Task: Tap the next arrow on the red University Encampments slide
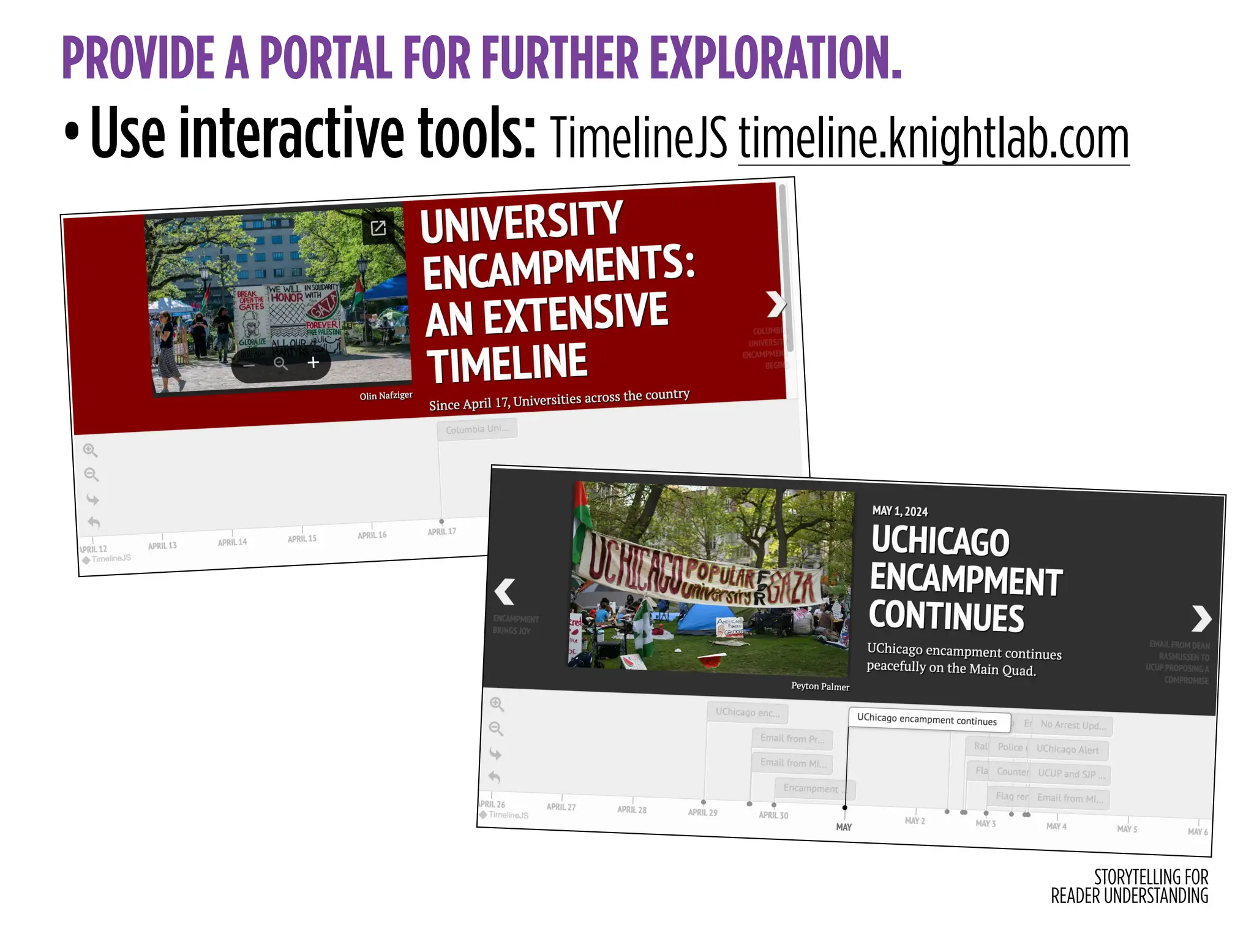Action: pos(776,304)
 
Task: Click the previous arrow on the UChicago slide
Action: pos(505,592)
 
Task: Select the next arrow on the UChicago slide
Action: pos(1201,618)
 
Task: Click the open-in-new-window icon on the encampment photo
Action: pos(378,228)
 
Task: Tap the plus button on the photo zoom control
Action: pos(313,363)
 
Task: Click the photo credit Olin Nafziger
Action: pos(386,396)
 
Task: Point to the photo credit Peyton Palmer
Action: pos(820,686)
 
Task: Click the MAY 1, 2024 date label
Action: pos(899,511)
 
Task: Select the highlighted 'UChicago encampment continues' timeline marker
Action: pos(926,720)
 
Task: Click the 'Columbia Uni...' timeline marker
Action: pos(477,429)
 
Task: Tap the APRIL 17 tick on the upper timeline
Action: pos(441,531)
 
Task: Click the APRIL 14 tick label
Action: pos(232,542)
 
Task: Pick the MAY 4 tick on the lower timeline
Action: pos(1056,826)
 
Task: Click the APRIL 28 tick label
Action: pos(631,809)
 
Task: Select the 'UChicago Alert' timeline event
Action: pos(1067,749)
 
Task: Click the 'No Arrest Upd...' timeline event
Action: pos(1073,725)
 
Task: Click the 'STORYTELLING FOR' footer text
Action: pos(1151,877)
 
